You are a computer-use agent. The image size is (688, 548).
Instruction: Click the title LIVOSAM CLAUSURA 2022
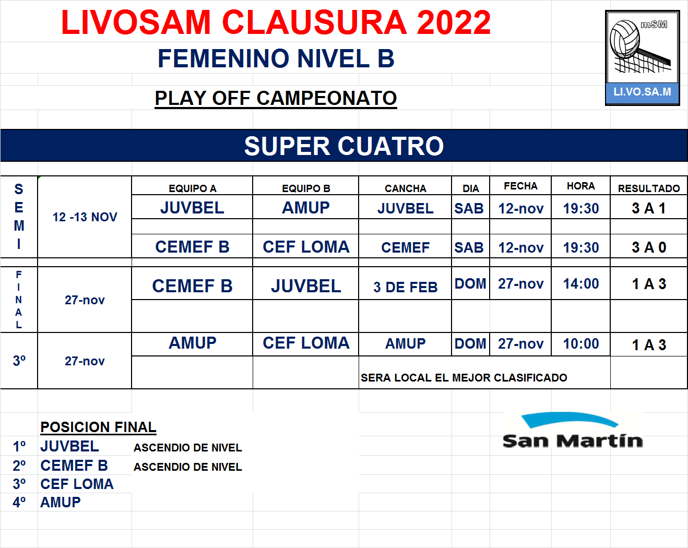click(276, 22)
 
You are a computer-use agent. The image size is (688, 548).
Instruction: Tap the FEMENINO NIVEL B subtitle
click(276, 58)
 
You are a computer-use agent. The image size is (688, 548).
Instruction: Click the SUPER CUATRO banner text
click(344, 146)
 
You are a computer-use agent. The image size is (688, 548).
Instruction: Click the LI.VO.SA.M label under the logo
click(642, 92)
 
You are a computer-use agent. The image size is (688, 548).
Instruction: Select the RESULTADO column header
click(649, 188)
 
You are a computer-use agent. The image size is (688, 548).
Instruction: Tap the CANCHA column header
click(405, 188)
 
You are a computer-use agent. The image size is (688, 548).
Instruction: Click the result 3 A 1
click(649, 208)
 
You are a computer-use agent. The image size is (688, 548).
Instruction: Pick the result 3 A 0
click(649, 247)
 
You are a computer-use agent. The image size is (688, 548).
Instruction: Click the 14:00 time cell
click(580, 284)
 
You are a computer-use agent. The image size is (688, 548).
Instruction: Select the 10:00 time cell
click(580, 344)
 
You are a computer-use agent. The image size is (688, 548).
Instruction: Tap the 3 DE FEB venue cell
click(405, 287)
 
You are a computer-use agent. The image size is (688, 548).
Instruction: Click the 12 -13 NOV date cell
click(85, 217)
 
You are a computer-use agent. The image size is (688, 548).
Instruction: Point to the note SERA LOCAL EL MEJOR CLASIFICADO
click(464, 377)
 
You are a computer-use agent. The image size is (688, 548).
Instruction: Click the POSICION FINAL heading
click(98, 427)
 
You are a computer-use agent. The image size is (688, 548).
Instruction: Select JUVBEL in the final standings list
click(70, 446)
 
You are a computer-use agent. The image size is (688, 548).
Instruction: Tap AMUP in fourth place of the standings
click(61, 502)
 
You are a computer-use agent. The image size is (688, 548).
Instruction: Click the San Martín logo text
click(573, 441)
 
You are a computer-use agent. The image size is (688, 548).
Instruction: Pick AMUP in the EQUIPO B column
click(306, 208)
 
